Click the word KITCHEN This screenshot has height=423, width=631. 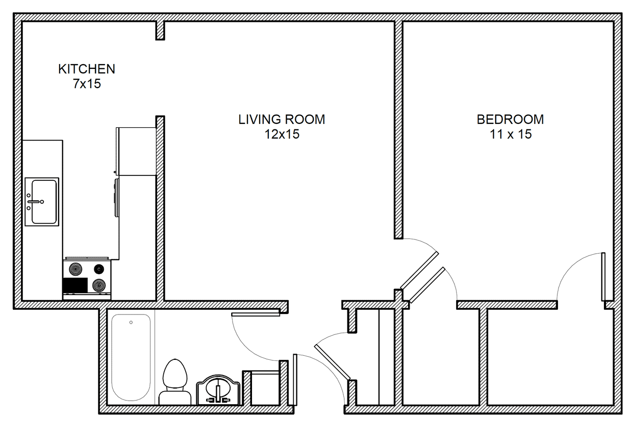click(87, 69)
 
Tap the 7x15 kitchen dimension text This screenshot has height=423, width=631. click(87, 84)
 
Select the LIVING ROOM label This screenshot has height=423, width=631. click(282, 119)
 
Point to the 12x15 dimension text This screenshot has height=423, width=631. click(282, 134)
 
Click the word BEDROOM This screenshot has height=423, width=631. click(510, 119)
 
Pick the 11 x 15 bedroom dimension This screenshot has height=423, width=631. click(511, 134)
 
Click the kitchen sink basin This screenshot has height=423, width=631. click(44, 202)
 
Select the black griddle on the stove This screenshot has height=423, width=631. click(75, 285)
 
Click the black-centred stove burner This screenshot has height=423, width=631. click(99, 269)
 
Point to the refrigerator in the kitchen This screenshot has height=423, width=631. click(136, 151)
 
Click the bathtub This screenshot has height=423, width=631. click(131, 357)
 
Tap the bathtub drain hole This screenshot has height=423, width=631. click(131, 322)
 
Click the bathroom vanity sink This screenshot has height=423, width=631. click(218, 389)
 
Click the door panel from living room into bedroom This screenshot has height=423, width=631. click(419, 271)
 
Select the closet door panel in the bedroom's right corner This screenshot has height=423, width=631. click(603, 277)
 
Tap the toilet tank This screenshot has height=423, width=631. click(175, 398)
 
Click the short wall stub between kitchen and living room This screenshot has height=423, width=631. click(160, 31)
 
